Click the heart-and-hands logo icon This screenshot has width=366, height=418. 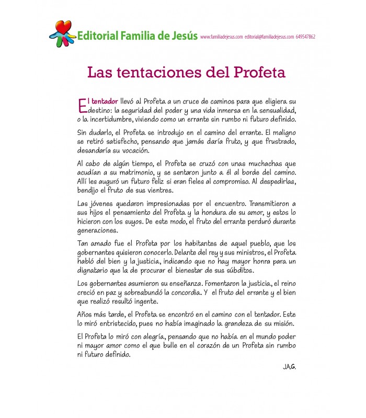coord(62,33)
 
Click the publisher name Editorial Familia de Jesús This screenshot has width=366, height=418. coord(137,37)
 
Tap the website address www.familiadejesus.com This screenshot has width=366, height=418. coord(221,37)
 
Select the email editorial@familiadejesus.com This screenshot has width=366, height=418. coord(269,37)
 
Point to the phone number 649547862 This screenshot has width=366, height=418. coord(305,37)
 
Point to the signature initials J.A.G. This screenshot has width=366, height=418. coord(289,367)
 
